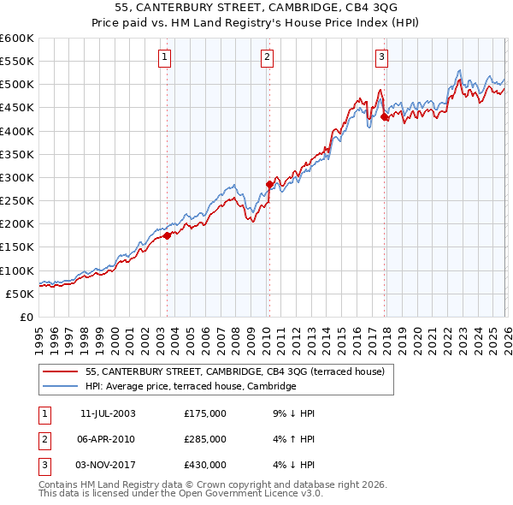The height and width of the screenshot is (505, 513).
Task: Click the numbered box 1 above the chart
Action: point(164,57)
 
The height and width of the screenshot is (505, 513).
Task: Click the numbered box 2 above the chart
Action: point(267,57)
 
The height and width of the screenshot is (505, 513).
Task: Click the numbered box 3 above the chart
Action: point(381,57)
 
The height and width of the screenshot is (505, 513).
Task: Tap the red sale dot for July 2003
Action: point(168,236)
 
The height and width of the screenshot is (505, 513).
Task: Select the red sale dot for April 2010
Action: point(269,184)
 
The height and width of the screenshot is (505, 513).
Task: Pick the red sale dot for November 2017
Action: point(385,117)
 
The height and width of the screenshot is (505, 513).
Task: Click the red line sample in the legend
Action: point(61,372)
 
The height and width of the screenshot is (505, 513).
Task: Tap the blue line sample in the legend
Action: point(61,387)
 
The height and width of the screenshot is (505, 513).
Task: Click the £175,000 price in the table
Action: point(205,413)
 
